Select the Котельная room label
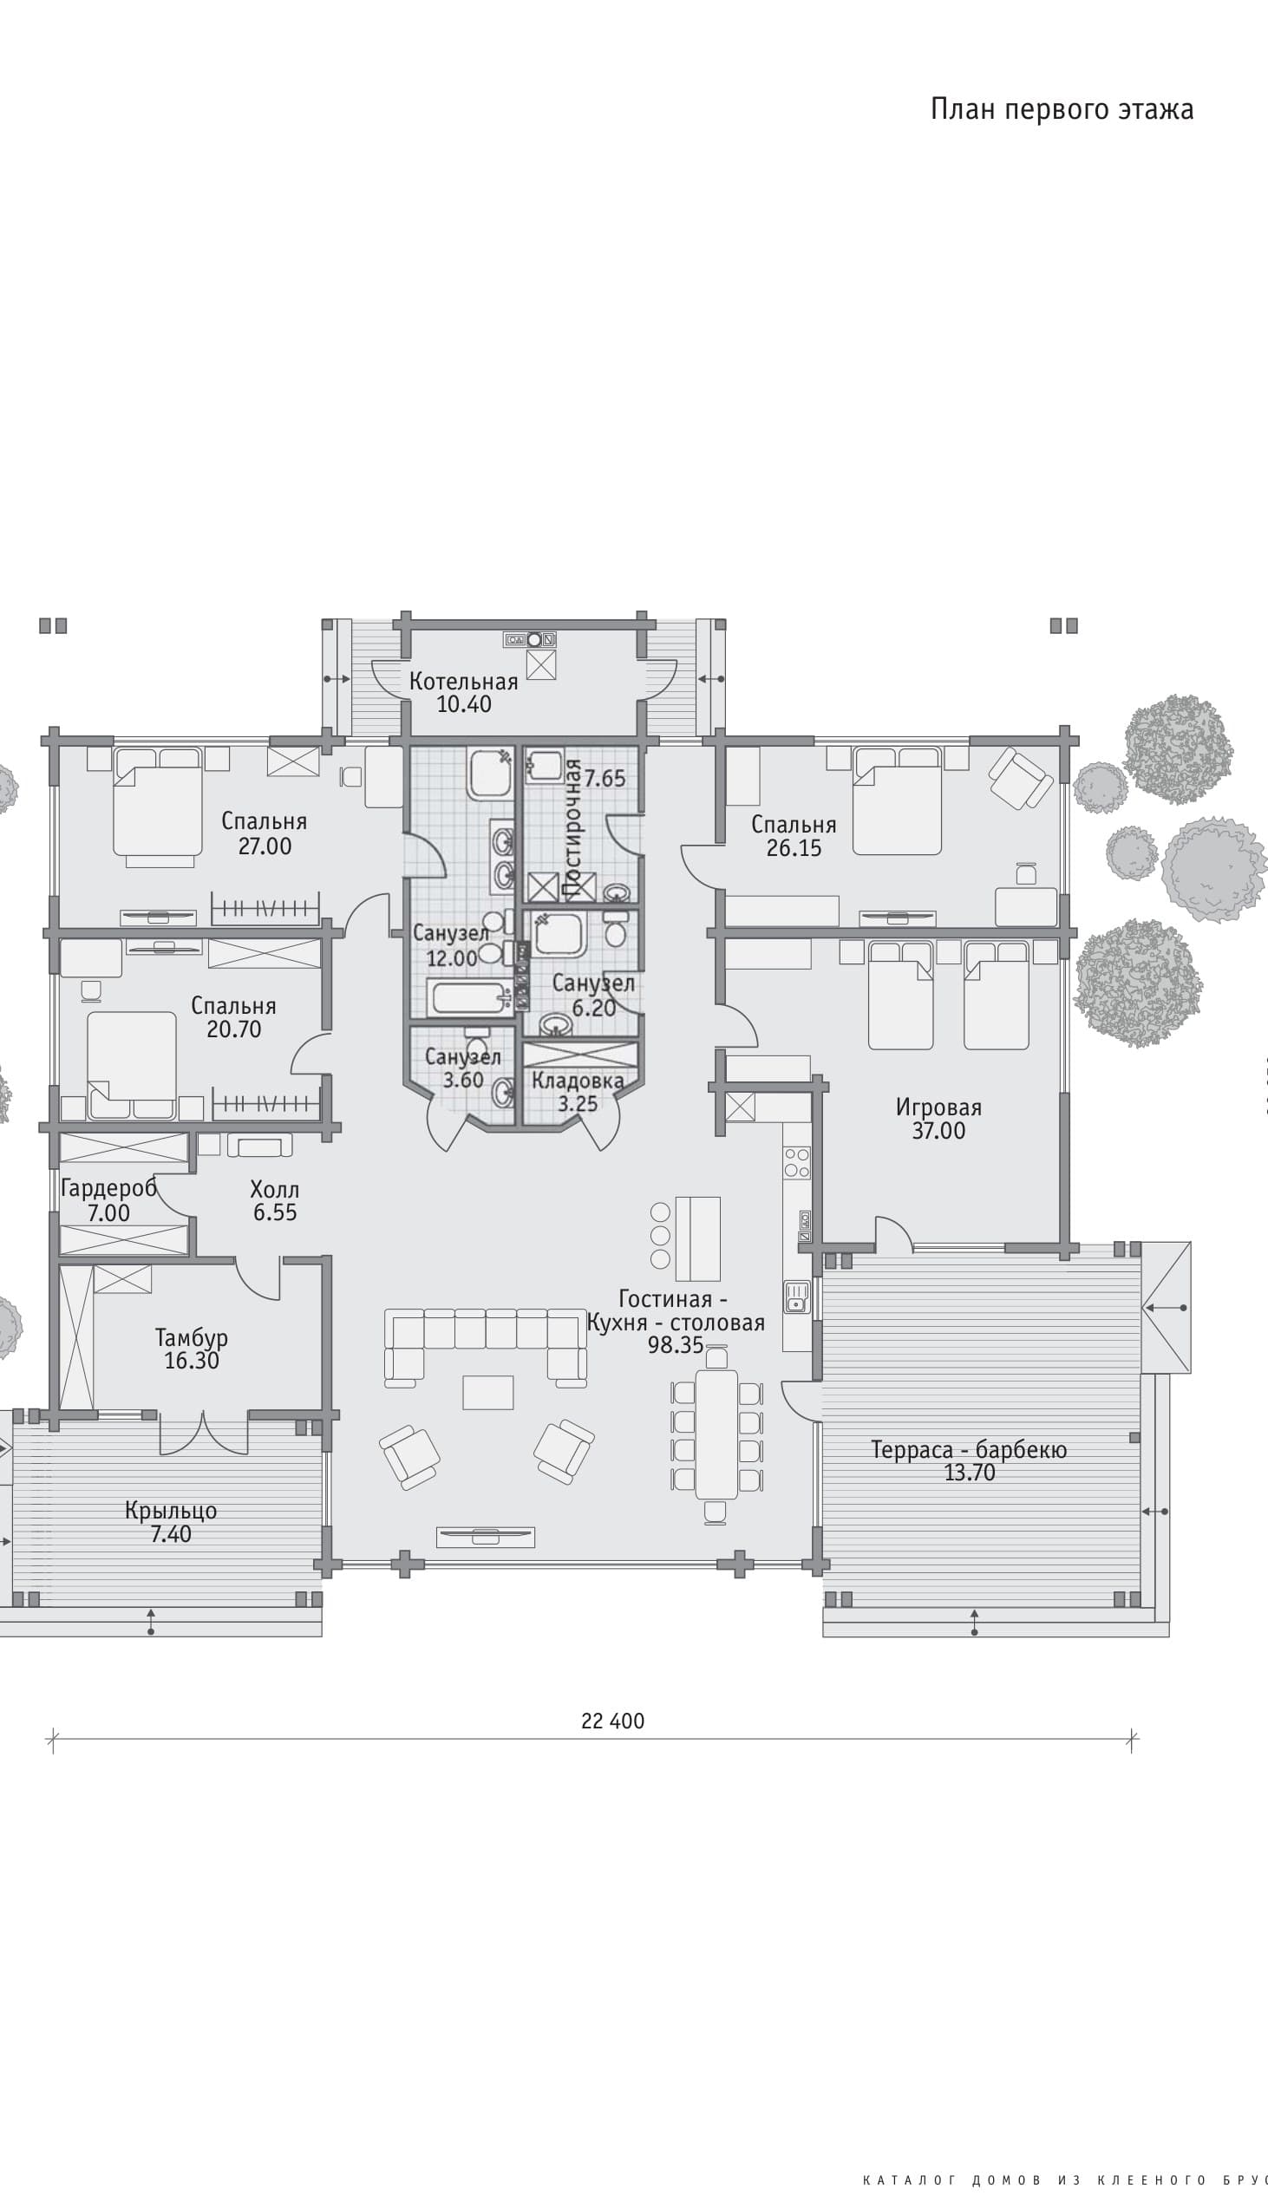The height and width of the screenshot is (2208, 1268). pyautogui.click(x=463, y=682)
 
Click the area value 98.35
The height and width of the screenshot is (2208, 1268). pyautogui.click(x=675, y=1345)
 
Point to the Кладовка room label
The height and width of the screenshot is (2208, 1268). pyautogui.click(x=578, y=1081)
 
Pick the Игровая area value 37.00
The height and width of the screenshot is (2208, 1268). pyautogui.click(x=938, y=1131)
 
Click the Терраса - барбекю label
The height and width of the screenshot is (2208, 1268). pyautogui.click(x=969, y=1450)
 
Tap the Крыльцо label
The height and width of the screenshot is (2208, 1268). pyautogui.click(x=171, y=1511)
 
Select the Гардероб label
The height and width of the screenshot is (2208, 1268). pyautogui.click(x=108, y=1188)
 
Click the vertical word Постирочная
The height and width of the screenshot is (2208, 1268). pyautogui.click(x=572, y=828)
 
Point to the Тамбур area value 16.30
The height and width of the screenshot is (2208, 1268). pyautogui.click(x=192, y=1361)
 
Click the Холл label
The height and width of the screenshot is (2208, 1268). pyautogui.click(x=274, y=1189)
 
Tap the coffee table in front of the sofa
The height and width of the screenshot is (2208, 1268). pyautogui.click(x=487, y=1391)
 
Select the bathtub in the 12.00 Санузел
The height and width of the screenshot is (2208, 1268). pyautogui.click(x=469, y=998)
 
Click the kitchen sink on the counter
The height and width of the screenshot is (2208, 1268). pyautogui.click(x=797, y=1297)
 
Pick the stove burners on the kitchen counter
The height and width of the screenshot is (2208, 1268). pyautogui.click(x=797, y=1163)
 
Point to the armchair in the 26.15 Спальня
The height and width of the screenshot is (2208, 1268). pyautogui.click(x=1021, y=778)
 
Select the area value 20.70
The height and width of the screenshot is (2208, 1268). pyautogui.click(x=233, y=1029)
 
